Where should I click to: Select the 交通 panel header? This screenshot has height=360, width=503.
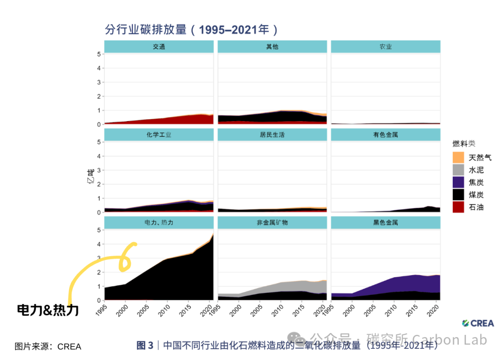(x=159, y=47)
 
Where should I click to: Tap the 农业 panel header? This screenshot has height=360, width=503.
(x=386, y=47)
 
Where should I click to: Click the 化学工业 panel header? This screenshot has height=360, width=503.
(x=159, y=135)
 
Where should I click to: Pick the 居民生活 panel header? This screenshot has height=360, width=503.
(x=272, y=135)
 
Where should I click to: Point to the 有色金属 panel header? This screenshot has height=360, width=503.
(x=386, y=135)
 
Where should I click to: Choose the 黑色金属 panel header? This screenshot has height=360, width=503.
(x=386, y=223)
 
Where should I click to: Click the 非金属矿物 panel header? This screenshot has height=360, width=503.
(x=272, y=223)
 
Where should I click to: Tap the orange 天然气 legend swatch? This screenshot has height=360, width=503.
(x=458, y=157)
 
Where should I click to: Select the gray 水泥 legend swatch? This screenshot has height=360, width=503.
(x=458, y=170)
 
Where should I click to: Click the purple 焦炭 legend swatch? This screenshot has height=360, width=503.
(x=458, y=182)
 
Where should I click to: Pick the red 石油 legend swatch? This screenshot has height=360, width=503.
(x=458, y=207)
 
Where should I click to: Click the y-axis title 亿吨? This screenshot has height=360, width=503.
(x=91, y=177)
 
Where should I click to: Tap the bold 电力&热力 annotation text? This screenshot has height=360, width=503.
(x=48, y=310)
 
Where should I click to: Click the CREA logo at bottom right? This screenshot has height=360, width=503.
(x=478, y=323)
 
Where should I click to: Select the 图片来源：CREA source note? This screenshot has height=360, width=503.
(x=48, y=346)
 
